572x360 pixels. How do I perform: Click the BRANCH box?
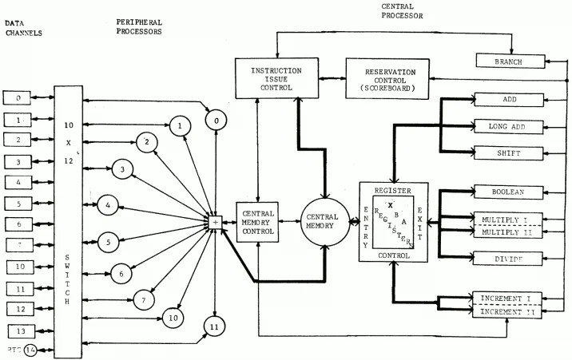point(510,61)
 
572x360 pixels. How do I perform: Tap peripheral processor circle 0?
point(215,121)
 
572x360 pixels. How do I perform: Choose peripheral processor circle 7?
point(142,300)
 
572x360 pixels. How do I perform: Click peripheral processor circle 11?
point(214,326)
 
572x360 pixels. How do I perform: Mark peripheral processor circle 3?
point(121,169)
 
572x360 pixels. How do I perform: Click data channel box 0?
point(18,98)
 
